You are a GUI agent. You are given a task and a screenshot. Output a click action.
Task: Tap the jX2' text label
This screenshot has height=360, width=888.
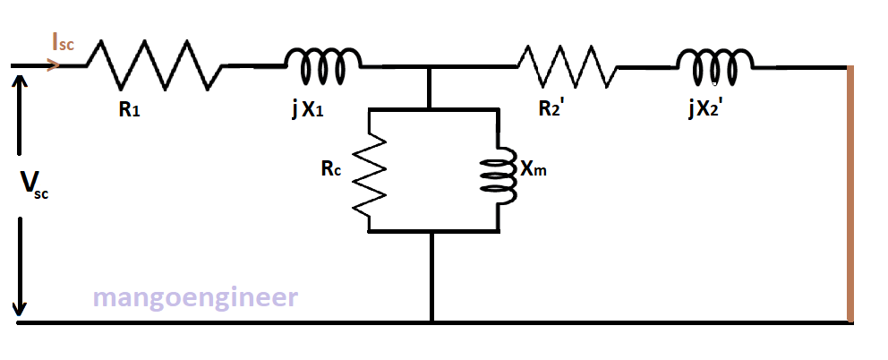(x=709, y=110)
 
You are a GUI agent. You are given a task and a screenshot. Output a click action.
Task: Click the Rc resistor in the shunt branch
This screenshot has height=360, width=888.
(x=369, y=170)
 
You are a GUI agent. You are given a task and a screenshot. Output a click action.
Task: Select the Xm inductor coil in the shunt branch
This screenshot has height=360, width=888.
(x=496, y=170)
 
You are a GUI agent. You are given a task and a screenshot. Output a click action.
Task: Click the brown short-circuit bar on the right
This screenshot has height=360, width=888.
(x=850, y=193)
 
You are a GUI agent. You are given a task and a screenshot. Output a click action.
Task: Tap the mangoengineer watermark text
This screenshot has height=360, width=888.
(x=196, y=297)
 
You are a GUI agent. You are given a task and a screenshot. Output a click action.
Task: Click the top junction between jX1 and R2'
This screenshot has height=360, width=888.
(x=431, y=67)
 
